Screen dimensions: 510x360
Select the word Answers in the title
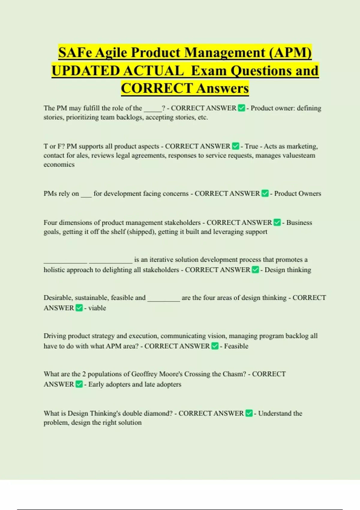coord(223,88)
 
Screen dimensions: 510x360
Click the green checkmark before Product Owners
coord(265,193)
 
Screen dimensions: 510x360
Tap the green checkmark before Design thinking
coord(255,270)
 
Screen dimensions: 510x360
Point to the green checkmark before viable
coord(79,308)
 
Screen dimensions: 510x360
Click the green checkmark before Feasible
coord(215,346)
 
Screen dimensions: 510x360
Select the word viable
coord(97,308)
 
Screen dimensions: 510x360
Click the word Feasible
coord(236,346)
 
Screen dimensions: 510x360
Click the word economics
coord(59,164)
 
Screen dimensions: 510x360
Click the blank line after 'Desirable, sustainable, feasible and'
coord(163,298)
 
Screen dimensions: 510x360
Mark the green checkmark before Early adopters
coord(79,384)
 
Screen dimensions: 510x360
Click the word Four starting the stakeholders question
coord(50,223)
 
